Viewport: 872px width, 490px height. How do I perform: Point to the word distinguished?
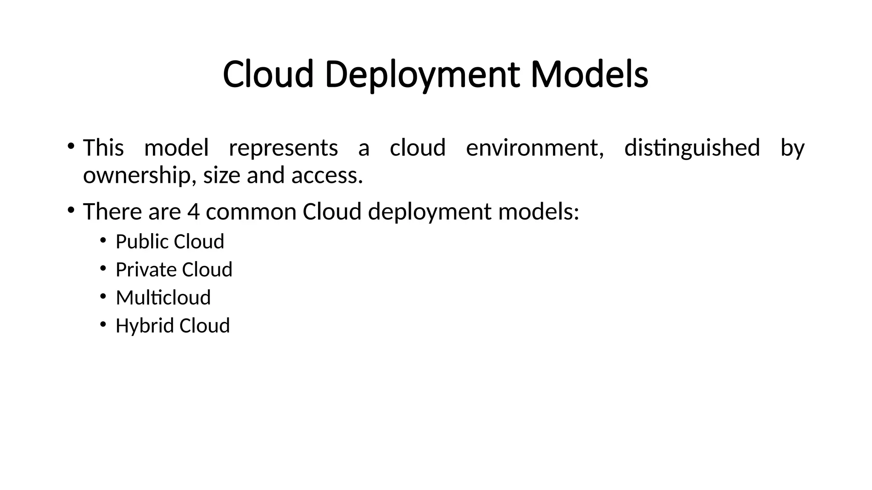(x=692, y=148)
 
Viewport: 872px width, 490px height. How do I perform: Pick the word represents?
(x=284, y=148)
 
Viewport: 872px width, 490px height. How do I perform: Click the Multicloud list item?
(x=163, y=297)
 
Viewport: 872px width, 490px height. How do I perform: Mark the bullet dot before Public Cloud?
(x=103, y=241)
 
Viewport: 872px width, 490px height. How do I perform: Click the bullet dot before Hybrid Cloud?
(x=103, y=325)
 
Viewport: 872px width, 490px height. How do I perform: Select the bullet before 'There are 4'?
(x=71, y=210)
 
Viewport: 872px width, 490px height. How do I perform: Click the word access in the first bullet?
(x=327, y=175)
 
